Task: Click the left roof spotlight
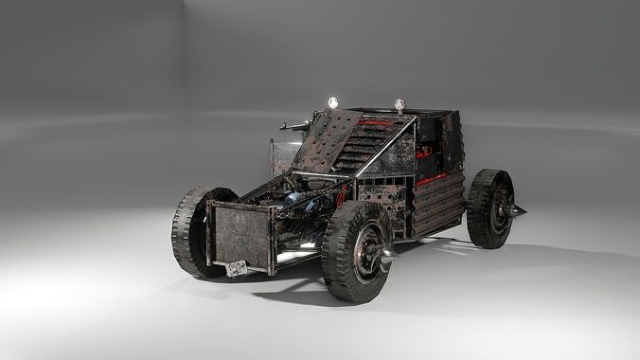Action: pyautogui.click(x=332, y=102)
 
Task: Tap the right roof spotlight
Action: pyautogui.click(x=400, y=104)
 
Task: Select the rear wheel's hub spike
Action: pyautogui.click(x=517, y=209)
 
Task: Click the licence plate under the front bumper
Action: pyautogui.click(x=237, y=268)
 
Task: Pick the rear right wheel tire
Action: pyautogui.click(x=489, y=209)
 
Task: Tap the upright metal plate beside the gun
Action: pyautogui.click(x=283, y=157)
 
